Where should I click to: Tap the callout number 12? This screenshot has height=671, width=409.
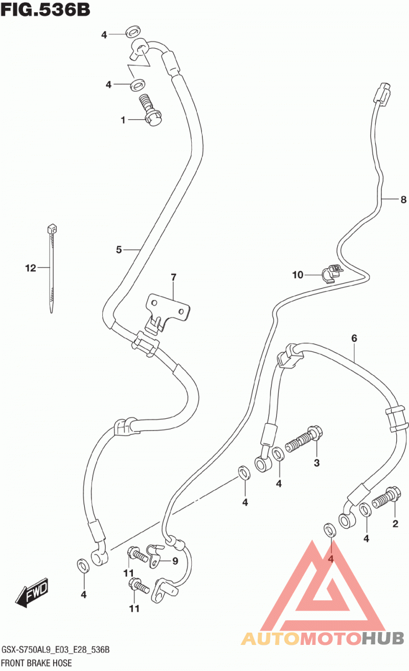pos(31,268)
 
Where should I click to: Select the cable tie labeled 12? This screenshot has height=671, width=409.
pos(52,269)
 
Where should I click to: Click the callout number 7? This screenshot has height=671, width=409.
pos(173,277)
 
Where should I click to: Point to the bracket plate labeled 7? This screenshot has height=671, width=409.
pos(167,312)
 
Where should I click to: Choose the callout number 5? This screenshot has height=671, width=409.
pos(119,250)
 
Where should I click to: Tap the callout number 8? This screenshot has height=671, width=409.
pos(403,200)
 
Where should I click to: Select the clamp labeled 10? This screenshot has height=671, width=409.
pos(332,273)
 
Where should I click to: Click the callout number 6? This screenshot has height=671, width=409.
pos(354,338)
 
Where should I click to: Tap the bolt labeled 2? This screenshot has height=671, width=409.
pos(385,498)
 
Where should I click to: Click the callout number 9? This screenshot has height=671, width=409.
pos(175,561)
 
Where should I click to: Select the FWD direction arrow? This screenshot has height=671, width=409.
pos(32,593)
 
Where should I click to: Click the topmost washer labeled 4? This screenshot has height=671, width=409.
pos(133,32)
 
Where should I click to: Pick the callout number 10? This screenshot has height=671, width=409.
pos(298,275)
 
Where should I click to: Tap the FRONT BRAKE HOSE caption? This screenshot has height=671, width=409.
pos(36,663)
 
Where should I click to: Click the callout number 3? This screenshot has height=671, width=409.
pos(317,463)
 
